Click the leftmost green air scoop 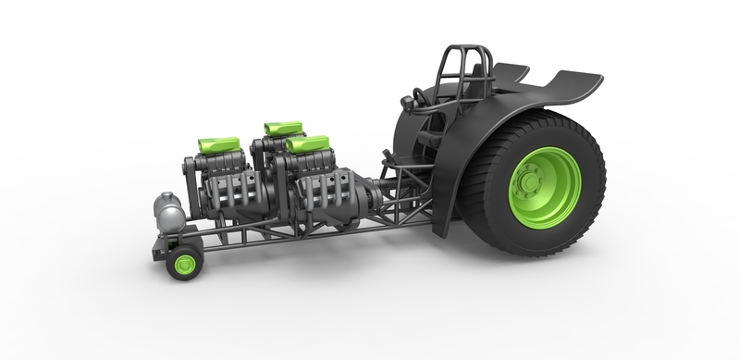[x=219, y=144]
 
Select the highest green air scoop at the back [x=282, y=127]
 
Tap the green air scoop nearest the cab [x=308, y=143]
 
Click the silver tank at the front [x=168, y=212]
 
